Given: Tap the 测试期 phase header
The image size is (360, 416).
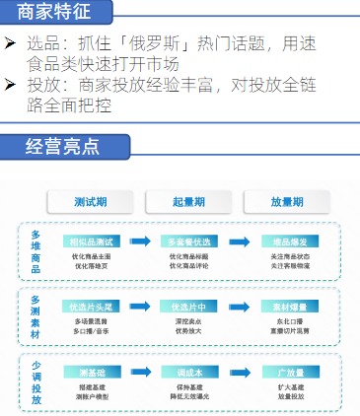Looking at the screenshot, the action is point(92,201).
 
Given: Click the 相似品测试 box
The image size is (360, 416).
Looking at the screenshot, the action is point(92,242).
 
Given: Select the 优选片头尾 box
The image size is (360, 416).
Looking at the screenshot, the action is point(92,306).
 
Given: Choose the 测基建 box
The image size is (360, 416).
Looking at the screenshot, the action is point(92,372).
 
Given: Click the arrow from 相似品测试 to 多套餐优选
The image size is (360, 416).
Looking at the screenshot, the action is point(141,242).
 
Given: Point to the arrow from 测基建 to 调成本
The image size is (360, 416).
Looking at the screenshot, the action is point(141,372).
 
